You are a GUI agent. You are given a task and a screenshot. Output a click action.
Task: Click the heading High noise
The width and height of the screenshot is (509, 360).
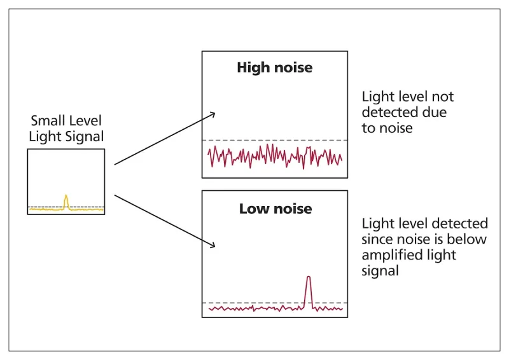coord(275,67)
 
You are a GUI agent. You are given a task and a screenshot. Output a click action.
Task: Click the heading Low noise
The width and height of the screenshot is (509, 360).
coord(275,208)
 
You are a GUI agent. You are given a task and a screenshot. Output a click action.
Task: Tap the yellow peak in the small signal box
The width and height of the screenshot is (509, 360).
coord(66,200)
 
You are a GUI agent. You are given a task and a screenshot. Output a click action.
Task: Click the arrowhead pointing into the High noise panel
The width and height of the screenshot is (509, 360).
coord(213,114)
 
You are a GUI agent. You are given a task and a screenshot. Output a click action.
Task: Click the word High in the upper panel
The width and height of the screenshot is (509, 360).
coord(252,67)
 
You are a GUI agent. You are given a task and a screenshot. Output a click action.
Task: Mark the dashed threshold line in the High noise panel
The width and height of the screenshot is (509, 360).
coord(275,140)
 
